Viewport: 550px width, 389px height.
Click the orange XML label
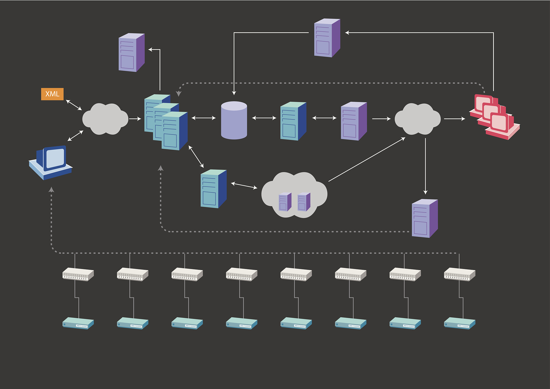pos(52,94)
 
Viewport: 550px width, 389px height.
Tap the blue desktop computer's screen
pos(55,158)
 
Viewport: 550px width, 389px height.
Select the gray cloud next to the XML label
pos(105,119)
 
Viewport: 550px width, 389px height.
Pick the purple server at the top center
pos(327,38)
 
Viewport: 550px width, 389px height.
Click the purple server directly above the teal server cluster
pos(132,53)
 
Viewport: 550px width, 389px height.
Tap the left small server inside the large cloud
pos(285,202)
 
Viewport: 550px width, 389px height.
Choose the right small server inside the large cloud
pos(304,202)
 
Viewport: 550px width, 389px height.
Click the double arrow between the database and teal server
pos(264,118)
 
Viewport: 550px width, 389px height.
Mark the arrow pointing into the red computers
pos(454,118)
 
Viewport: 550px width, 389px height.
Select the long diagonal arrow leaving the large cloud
pos(367,159)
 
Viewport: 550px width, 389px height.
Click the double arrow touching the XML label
pos(74,105)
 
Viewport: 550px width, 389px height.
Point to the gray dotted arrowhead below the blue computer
pos(51,190)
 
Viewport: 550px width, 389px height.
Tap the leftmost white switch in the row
pos(78,274)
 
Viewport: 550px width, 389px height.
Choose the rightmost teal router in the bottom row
pos(459,323)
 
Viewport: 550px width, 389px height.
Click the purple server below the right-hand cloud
pos(425,219)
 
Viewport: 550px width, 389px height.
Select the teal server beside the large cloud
pos(214,189)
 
